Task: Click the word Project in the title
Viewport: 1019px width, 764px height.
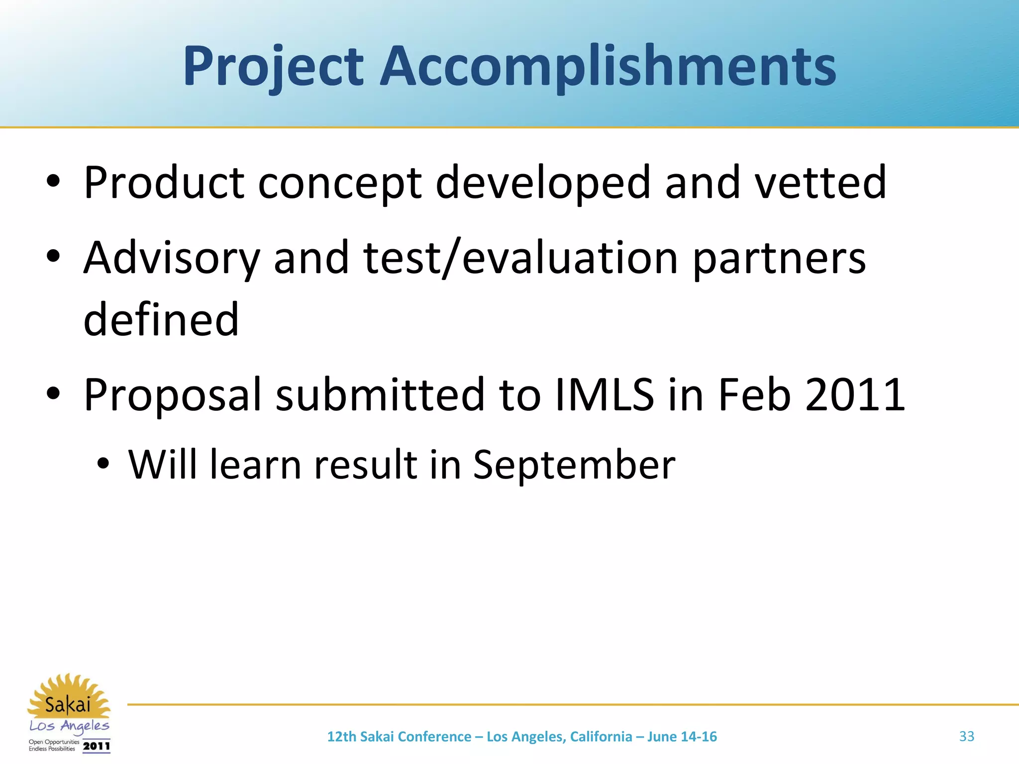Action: point(273,67)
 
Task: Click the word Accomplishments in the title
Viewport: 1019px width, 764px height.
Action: point(608,67)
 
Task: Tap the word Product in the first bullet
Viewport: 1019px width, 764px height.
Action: point(164,183)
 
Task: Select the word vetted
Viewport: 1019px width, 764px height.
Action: point(820,183)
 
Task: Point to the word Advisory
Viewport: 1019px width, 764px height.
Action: point(172,258)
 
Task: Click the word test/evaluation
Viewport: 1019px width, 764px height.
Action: point(520,258)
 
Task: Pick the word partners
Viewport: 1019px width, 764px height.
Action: point(779,258)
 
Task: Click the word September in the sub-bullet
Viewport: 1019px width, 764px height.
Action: point(574,465)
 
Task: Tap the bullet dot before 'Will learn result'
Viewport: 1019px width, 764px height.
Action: point(103,465)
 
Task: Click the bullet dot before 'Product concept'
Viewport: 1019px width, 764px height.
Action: point(53,183)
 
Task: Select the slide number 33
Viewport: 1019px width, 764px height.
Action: point(966,736)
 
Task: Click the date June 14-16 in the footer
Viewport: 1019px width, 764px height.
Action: point(682,737)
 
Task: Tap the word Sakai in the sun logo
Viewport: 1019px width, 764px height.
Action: point(68,705)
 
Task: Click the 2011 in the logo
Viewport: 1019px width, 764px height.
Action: point(97,746)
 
